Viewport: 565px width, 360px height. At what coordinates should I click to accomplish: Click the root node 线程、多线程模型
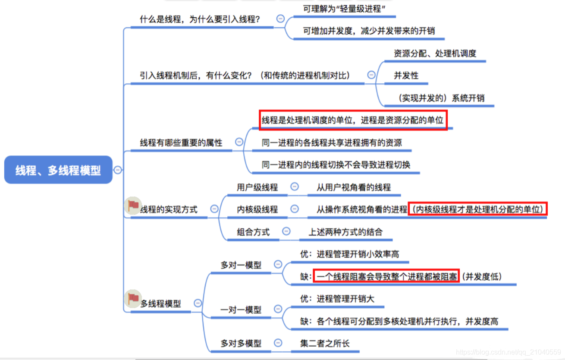tap(58, 170)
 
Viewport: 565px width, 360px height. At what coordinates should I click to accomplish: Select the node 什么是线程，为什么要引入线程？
tap(203, 19)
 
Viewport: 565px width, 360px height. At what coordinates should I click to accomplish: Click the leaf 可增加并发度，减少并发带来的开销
tap(368, 31)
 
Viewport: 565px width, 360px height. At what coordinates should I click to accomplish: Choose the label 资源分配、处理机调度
tap(435, 54)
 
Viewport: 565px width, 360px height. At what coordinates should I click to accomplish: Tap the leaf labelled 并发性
tap(406, 76)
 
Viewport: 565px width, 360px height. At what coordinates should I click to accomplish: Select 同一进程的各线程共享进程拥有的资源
tap(332, 142)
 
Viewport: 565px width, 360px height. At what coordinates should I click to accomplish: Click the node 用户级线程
tap(257, 187)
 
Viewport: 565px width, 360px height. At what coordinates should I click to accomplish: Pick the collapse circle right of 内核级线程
tap(295, 209)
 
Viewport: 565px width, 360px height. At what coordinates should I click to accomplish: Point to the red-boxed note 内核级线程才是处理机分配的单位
tap(478, 210)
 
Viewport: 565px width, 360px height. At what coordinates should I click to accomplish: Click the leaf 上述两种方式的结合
tap(345, 232)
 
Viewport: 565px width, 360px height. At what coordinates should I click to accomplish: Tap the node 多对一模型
tap(241, 265)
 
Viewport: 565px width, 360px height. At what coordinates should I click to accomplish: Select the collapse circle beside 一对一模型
tap(278, 309)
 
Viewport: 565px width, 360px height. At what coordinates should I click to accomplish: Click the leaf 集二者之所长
tap(325, 344)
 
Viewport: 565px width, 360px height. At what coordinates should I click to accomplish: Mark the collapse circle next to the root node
tap(118, 170)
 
